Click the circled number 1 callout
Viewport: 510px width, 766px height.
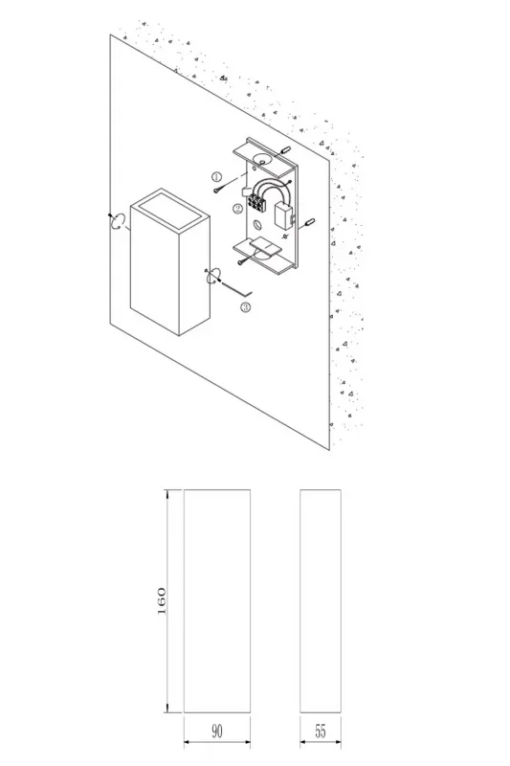click(x=216, y=176)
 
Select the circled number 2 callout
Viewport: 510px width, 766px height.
click(x=237, y=209)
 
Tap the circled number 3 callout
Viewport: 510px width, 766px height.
click(x=246, y=306)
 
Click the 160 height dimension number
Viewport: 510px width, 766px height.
click(x=162, y=601)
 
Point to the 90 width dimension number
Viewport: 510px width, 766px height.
click(x=217, y=732)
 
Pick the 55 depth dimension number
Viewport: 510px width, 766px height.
click(x=321, y=732)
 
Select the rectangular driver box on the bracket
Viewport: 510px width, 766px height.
click(x=283, y=215)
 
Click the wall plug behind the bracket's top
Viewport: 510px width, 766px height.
click(x=286, y=149)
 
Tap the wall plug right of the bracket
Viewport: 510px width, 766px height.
click(x=309, y=223)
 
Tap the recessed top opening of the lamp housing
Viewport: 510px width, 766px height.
click(x=170, y=210)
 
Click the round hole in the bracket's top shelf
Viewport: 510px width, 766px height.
click(x=261, y=158)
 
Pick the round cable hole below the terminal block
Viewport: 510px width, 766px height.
click(x=256, y=225)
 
